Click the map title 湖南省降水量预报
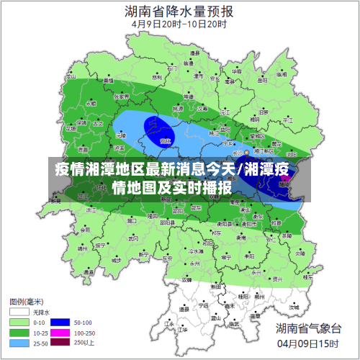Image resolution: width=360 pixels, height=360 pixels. (179, 11)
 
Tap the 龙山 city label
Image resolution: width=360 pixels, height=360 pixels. (70, 75)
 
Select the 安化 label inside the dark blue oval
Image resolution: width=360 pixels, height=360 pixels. (166, 140)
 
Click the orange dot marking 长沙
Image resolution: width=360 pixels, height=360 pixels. (247, 153)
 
